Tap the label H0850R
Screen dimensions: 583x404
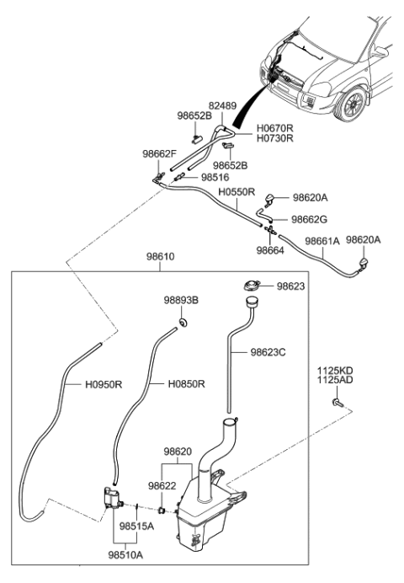pyautogui.click(x=186, y=384)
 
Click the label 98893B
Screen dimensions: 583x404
pyautogui.click(x=180, y=300)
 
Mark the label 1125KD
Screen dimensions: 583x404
pyautogui.click(x=335, y=370)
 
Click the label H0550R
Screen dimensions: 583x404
pyautogui.click(x=237, y=191)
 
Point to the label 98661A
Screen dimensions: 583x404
pyautogui.click(x=322, y=240)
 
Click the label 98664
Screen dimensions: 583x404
pyautogui.click(x=270, y=250)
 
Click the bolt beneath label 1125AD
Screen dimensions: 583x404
pyautogui.click(x=338, y=404)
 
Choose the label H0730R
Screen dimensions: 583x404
pyautogui.click(x=252, y=138)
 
